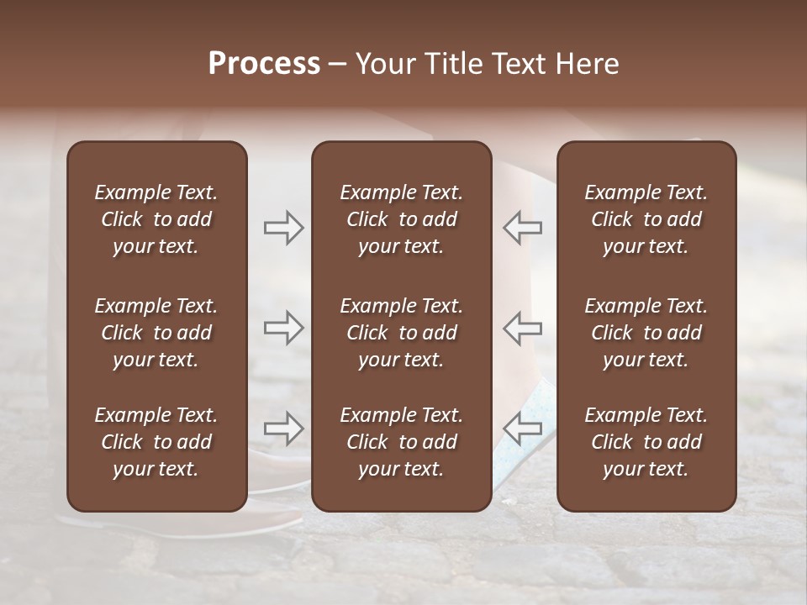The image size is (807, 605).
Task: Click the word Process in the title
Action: click(x=264, y=64)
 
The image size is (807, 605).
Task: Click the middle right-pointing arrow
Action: click(x=283, y=328)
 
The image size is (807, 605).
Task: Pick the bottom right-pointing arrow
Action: click(x=283, y=429)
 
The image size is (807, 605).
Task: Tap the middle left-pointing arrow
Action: click(x=522, y=328)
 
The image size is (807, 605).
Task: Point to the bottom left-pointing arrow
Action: click(x=522, y=429)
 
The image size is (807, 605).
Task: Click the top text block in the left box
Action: click(x=156, y=219)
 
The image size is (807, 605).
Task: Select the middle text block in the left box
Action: click(x=156, y=333)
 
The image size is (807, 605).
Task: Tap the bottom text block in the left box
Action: click(x=156, y=442)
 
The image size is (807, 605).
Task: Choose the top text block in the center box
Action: click(x=401, y=219)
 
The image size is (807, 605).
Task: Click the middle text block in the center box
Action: click(x=401, y=333)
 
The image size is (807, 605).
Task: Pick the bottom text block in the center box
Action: click(x=401, y=442)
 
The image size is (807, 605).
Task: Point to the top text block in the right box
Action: click(x=646, y=219)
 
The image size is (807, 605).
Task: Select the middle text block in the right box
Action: click(x=646, y=333)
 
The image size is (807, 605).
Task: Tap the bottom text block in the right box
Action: click(x=646, y=442)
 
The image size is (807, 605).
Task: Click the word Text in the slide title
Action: click(x=514, y=64)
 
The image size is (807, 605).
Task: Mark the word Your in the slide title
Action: click(x=382, y=64)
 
